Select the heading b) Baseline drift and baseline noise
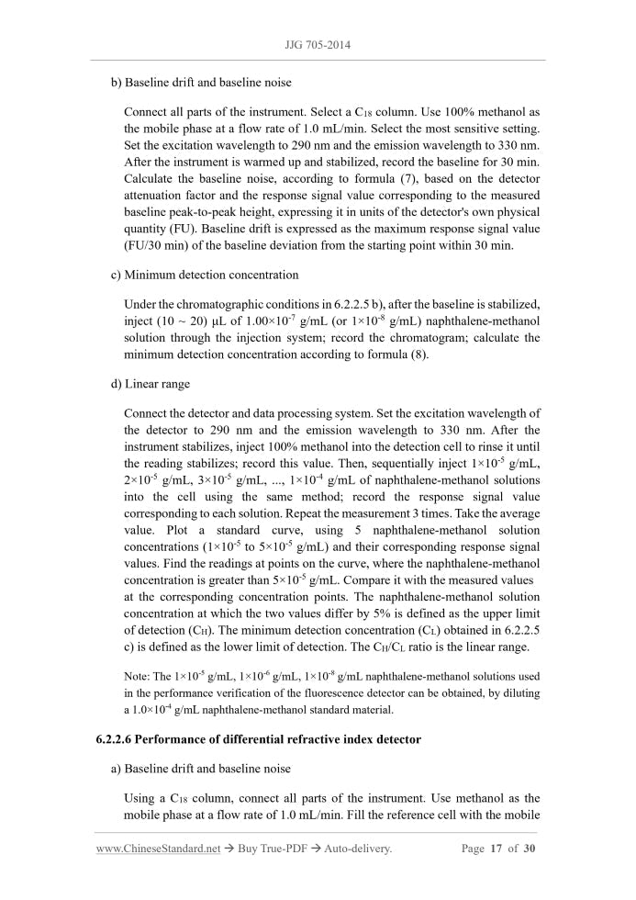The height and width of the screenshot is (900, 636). click(201, 83)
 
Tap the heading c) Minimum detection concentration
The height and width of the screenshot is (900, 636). click(205, 275)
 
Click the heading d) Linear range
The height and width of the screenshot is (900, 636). click(151, 383)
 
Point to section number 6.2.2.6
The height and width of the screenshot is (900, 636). click(117, 740)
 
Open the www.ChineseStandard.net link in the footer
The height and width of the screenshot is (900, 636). click(158, 849)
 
